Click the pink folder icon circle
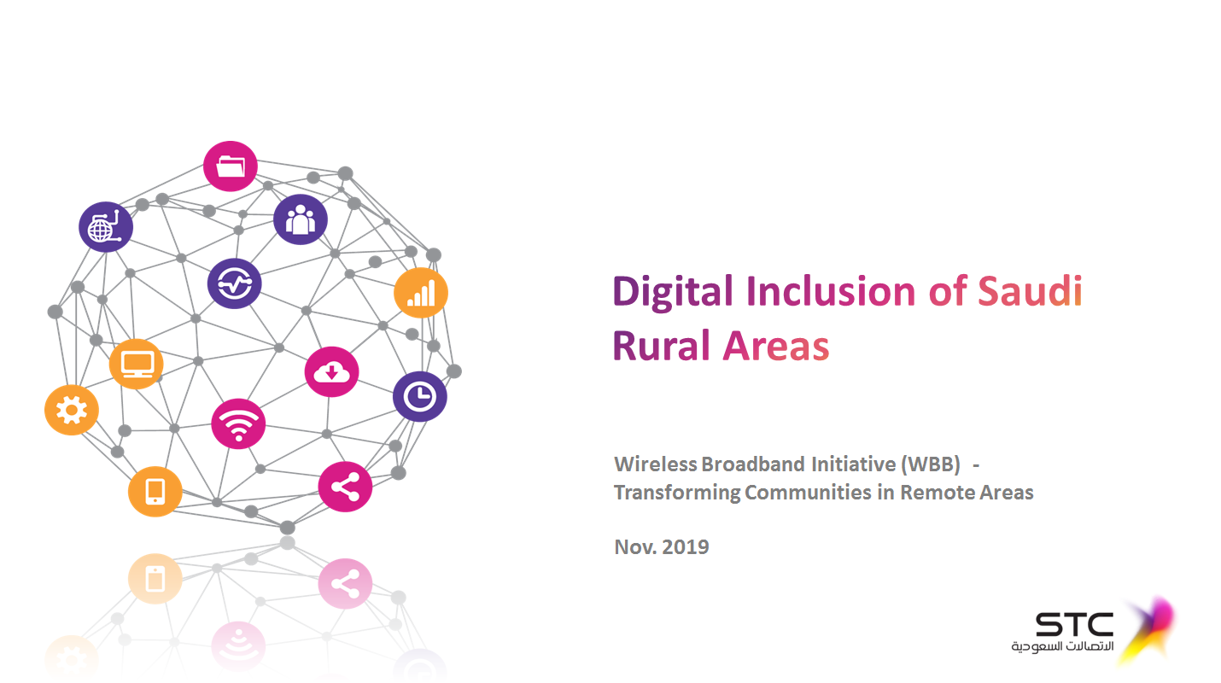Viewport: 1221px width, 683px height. tap(230, 166)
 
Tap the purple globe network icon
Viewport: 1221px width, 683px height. tap(106, 227)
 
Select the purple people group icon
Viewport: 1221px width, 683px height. tap(301, 219)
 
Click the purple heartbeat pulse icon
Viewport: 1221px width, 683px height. tap(235, 283)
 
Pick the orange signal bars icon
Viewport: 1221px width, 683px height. tap(421, 293)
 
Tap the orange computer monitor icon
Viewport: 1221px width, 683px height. tap(137, 364)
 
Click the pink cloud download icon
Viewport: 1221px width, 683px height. tap(331, 371)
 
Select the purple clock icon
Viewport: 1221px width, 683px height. tap(420, 396)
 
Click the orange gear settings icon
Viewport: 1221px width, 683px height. tap(72, 410)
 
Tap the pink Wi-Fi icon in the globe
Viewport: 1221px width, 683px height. tap(238, 423)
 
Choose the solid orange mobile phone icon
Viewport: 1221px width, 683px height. tap(155, 491)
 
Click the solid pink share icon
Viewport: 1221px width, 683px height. tap(345, 487)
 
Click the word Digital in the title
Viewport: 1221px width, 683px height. tap(673, 293)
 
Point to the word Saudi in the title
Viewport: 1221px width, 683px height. tap(1030, 291)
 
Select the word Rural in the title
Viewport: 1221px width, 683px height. tap(662, 346)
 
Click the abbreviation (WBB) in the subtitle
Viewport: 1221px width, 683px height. tap(930, 464)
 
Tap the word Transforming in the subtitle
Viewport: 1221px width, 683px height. tap(676, 493)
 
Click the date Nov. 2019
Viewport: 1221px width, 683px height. tap(661, 546)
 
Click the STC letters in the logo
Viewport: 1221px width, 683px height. tap(1074, 624)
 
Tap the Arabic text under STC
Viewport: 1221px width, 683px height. tap(1062, 646)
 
